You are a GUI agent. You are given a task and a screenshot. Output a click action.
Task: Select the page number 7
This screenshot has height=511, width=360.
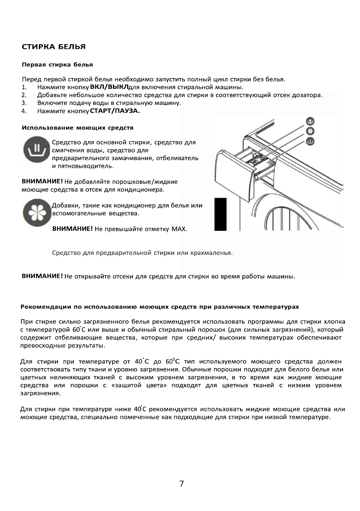pyautogui.click(x=182, y=484)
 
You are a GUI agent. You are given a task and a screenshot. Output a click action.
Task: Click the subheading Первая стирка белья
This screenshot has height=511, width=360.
pyautogui.click(x=57, y=65)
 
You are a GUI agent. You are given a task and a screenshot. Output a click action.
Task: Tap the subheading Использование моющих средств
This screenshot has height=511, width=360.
pyautogui.click(x=78, y=128)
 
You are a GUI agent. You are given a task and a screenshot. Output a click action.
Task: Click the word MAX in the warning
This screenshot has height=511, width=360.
pyautogui.click(x=178, y=229)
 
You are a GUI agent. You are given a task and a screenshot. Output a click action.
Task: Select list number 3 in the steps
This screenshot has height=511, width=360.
pyautogui.click(x=24, y=103)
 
